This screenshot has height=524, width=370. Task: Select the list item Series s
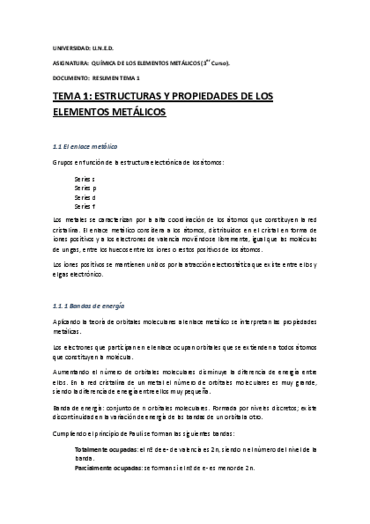click(x=85, y=178)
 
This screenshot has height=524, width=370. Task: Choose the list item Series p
click(x=85, y=187)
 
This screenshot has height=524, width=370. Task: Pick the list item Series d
click(x=85, y=196)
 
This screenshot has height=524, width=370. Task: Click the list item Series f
click(x=85, y=206)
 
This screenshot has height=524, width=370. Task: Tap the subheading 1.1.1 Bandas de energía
click(x=88, y=305)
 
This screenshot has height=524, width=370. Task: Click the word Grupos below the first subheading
click(x=64, y=163)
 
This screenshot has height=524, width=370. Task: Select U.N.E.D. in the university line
click(x=103, y=48)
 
